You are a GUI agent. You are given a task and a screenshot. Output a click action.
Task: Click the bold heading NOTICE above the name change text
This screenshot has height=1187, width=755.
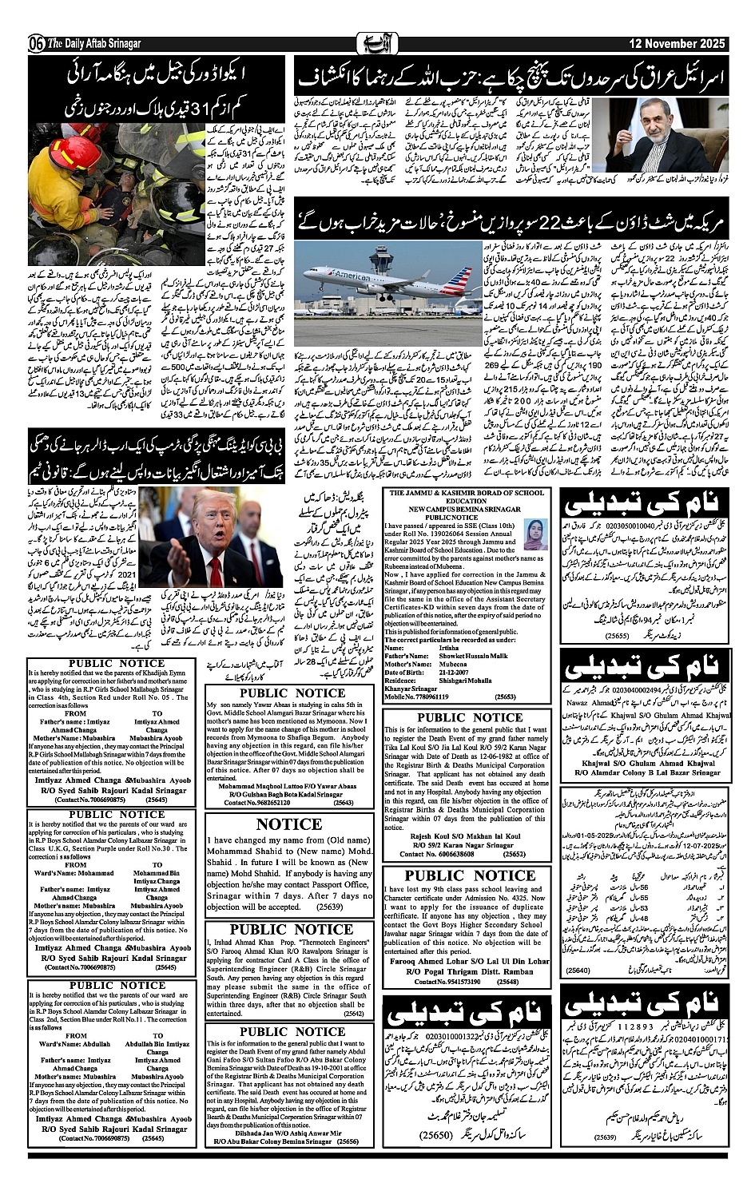pyautogui.click(x=289, y=824)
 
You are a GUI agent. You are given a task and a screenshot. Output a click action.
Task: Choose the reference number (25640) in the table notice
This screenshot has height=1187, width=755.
pyautogui.click(x=578, y=970)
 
